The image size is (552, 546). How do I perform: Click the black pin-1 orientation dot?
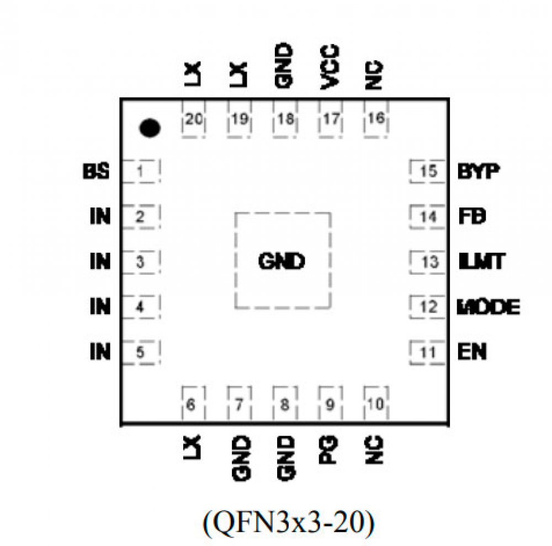[x=150, y=128]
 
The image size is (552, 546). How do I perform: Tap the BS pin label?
[x=96, y=172]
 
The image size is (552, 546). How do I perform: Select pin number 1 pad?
[x=141, y=172]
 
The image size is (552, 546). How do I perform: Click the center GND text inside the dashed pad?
[x=282, y=261]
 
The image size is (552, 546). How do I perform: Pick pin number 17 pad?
[x=330, y=120]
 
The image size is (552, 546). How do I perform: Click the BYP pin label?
[x=479, y=172]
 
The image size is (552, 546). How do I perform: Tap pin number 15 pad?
[x=428, y=172]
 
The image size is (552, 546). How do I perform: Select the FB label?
[x=472, y=217]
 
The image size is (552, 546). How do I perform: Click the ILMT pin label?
[x=481, y=261]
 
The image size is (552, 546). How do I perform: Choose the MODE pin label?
[x=489, y=307]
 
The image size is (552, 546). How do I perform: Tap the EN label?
[x=473, y=352]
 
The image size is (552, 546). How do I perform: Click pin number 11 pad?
[x=428, y=352]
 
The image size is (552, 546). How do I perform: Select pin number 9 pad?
[x=330, y=406]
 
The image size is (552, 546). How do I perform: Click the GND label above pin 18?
[x=284, y=66]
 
